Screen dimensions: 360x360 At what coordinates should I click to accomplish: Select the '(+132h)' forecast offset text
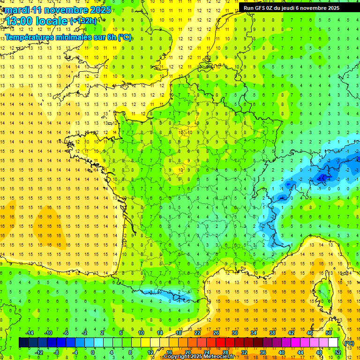(x=83, y=21)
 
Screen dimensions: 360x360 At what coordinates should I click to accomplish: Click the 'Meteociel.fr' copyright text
(x=221, y=357)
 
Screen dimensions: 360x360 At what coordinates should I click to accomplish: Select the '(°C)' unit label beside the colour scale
(x=349, y=343)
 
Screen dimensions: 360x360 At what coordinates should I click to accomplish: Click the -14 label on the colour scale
(x=29, y=333)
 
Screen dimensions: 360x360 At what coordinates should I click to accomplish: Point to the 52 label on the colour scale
(x=337, y=352)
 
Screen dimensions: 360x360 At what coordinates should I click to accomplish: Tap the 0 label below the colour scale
(x=93, y=352)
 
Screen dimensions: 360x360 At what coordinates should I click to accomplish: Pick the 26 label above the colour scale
(x=216, y=333)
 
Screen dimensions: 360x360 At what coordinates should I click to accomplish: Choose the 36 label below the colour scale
(x=262, y=352)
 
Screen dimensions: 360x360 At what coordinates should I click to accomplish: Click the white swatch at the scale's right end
(x=333, y=343)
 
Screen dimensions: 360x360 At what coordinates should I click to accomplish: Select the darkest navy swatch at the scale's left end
(x=23, y=343)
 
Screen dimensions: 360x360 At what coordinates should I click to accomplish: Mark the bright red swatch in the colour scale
(x=220, y=343)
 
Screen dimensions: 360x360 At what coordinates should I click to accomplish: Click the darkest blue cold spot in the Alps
(x=322, y=177)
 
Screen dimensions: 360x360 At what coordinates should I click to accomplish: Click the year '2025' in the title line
(x=101, y=10)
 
